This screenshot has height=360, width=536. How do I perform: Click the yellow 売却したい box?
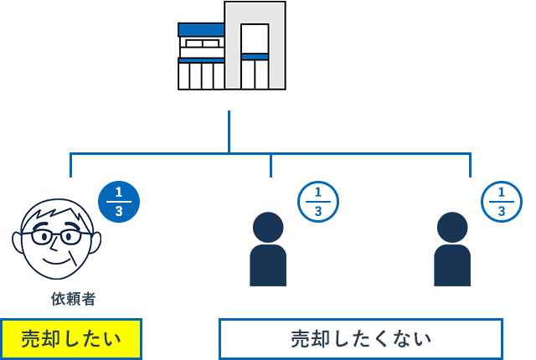point(71,339)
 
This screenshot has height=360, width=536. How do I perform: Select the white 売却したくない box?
point(361,339)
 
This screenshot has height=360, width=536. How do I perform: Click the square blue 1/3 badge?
point(119,202)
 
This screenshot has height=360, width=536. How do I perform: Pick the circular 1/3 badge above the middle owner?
point(317,202)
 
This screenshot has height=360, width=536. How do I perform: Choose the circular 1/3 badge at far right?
point(501,202)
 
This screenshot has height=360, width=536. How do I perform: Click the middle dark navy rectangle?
point(268,249)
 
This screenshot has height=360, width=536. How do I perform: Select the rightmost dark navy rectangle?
point(452,249)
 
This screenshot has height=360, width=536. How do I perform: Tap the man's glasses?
point(57,236)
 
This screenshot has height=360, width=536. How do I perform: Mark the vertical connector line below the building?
point(229,131)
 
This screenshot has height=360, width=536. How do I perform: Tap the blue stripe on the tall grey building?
point(255,57)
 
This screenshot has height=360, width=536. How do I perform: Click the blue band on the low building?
point(201,30)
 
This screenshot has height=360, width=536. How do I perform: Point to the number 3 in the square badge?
point(119,212)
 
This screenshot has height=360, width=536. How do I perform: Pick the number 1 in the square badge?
point(119,192)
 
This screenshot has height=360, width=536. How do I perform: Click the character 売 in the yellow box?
point(30,339)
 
